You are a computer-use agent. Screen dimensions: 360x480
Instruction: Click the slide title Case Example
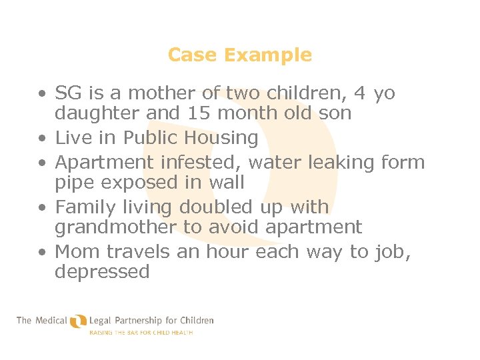coord(240,55)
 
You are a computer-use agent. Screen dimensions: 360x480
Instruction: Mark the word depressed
coord(102,272)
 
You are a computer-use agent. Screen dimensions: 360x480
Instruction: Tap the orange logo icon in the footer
coord(79,321)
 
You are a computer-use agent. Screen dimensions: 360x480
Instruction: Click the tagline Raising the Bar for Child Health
coord(141,332)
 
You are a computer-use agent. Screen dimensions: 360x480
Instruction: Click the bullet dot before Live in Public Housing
coord(42,139)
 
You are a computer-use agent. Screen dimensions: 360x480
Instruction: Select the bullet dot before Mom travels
coord(42,253)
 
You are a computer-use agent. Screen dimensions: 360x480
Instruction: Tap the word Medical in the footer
coord(51,321)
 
